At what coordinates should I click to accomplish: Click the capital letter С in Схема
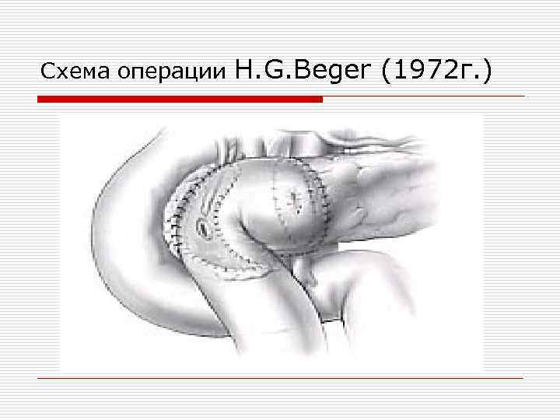(x=46, y=73)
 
